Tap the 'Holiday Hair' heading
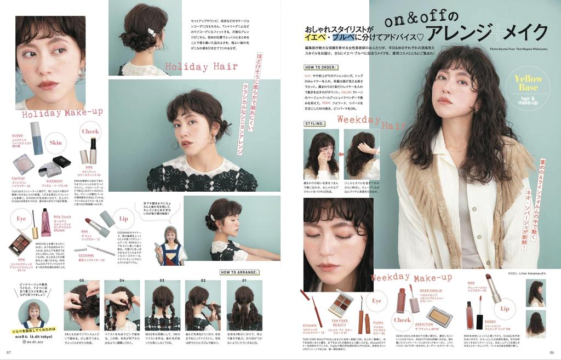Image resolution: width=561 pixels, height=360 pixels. tap(201, 67)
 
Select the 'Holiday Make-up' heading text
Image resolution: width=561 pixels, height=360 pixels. tap(62, 113)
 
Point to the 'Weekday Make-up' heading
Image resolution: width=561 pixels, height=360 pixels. tap(411, 277)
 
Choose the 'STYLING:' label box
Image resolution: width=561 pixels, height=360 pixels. tap(315, 124)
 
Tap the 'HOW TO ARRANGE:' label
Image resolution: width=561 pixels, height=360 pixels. tap(239, 272)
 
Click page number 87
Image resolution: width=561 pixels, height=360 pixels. tap(9, 352)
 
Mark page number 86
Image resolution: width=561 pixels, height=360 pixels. tap(552, 352)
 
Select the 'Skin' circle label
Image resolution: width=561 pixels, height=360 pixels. tap(55, 142)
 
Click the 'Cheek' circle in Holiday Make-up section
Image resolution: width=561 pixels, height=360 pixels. tap(90, 132)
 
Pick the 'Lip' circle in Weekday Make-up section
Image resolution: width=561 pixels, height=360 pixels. tap(504, 308)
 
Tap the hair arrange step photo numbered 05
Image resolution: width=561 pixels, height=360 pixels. tap(82, 306)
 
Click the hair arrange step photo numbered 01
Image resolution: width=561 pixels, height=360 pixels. tap(244, 306)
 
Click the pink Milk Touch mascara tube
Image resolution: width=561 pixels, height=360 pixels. tap(46, 222)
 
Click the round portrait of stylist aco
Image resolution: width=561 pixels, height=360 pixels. tap(34, 313)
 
